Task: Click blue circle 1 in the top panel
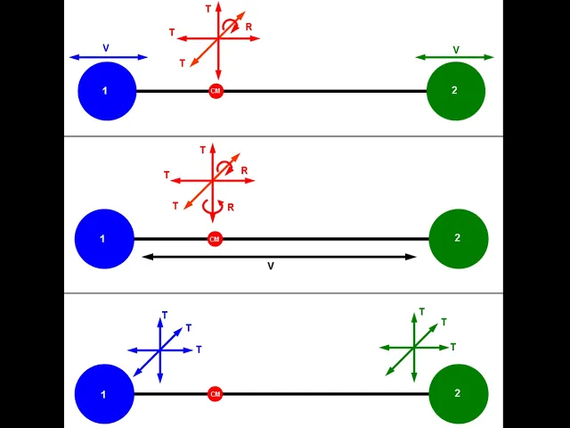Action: pos(107,91)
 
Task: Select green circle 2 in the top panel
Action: pos(456,91)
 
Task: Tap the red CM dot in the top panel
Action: pos(216,91)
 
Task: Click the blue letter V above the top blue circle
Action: pos(106,48)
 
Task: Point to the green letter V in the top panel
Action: pos(456,50)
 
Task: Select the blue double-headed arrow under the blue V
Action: pos(109,57)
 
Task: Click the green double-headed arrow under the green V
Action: pos(454,57)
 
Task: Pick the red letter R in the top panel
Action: pos(248,27)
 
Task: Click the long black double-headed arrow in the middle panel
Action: pos(279,257)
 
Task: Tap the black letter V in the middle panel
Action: pos(271,267)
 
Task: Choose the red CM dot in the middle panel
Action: pos(215,239)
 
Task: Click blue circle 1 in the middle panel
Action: pos(104,239)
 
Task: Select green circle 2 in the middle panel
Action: pos(459,239)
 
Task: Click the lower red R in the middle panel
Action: pos(231,208)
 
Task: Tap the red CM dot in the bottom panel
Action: pos(215,394)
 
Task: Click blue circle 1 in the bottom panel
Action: pos(104,394)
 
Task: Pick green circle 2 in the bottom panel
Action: pos(459,394)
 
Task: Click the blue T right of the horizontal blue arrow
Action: pos(199,350)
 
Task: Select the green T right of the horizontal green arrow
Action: pos(453,347)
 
